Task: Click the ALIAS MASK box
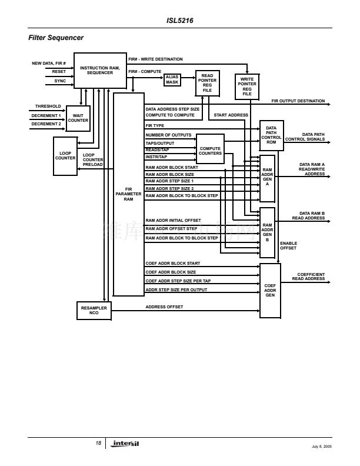point(172,79)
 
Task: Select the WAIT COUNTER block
point(78,118)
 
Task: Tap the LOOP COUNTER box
point(65,156)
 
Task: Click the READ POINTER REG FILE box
point(207,83)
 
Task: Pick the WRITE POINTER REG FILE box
point(247,86)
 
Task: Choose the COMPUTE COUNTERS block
point(210,151)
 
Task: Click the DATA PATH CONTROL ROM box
point(271,135)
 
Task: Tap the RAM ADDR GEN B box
point(267,232)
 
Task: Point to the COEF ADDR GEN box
point(270,291)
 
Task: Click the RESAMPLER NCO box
point(94,310)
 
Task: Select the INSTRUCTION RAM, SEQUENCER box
point(100,71)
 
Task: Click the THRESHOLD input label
point(48,106)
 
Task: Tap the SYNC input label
point(60,81)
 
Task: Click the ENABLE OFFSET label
point(288,245)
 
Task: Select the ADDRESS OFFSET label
point(164,307)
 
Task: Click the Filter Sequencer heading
point(56,38)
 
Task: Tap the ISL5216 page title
point(180,20)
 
